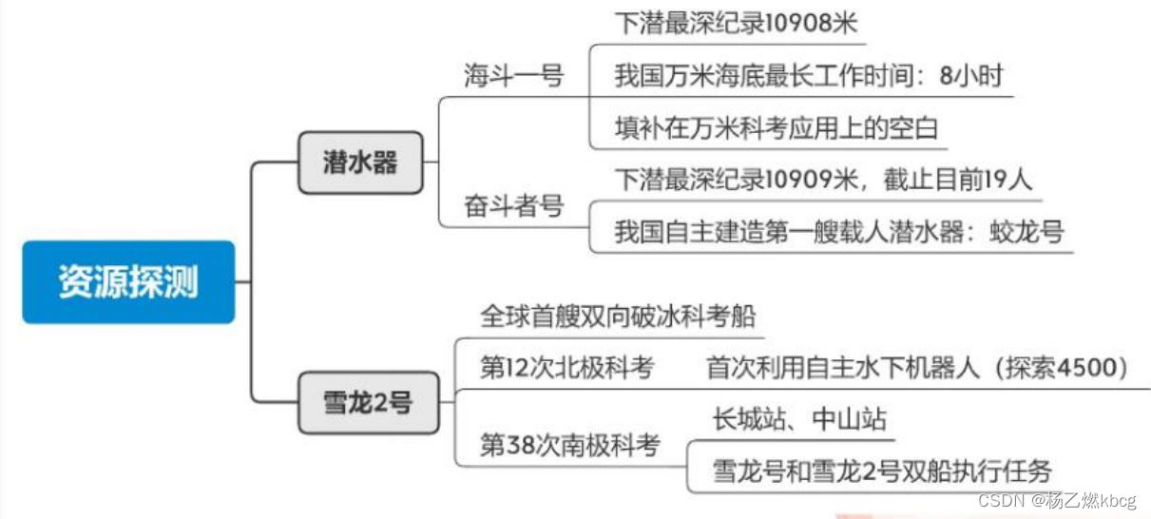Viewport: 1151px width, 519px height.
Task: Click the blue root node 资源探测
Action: click(x=128, y=282)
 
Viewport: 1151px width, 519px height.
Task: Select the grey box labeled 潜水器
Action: click(x=360, y=163)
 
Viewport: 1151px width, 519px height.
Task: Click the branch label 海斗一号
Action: click(x=513, y=76)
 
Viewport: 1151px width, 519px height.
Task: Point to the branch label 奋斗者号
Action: click(x=513, y=206)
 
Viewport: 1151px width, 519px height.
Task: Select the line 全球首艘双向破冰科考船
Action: click(x=618, y=316)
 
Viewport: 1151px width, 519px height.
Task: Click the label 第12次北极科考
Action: click(x=566, y=369)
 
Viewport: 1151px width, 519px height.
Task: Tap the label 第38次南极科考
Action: click(x=569, y=445)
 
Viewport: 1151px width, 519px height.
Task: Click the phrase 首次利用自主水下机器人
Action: click(x=842, y=369)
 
